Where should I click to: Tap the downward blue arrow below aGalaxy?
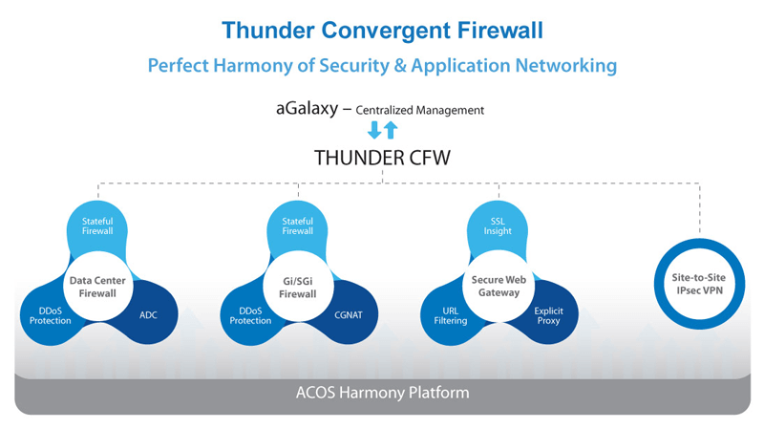374,131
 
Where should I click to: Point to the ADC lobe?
149,314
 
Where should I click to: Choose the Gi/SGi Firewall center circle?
297,287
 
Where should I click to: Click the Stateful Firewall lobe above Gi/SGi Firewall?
297,225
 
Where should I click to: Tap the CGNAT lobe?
350,314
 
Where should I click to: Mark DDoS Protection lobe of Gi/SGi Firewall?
250,314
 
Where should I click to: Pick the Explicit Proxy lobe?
548,315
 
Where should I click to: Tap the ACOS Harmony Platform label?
381,393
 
